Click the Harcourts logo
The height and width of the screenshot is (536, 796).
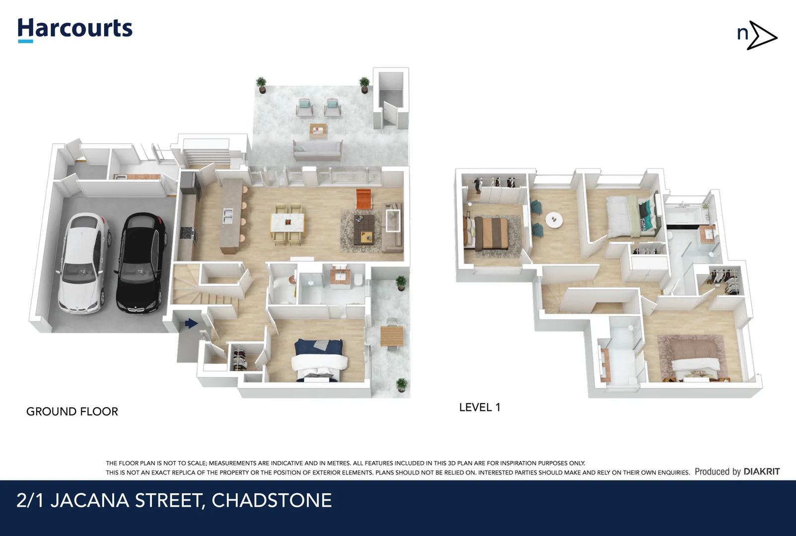pyautogui.click(x=74, y=29)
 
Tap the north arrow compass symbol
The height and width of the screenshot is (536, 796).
pyautogui.click(x=757, y=35)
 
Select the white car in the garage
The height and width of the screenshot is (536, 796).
pyautogui.click(x=83, y=263)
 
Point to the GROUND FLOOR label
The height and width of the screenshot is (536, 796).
pyautogui.click(x=72, y=411)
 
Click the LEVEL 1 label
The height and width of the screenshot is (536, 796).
pyautogui.click(x=479, y=407)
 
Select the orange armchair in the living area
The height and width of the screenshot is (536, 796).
pyautogui.click(x=363, y=199)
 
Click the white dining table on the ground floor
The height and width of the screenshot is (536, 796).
pyautogui.click(x=288, y=222)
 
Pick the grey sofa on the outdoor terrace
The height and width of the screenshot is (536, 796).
pyautogui.click(x=318, y=150)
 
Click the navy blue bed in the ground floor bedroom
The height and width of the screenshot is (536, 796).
pyautogui.click(x=318, y=360)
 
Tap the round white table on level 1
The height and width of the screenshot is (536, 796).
pyautogui.click(x=554, y=220)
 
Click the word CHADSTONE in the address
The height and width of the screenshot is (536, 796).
pyautogui.click(x=272, y=500)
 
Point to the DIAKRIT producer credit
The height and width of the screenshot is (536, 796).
pyautogui.click(x=761, y=471)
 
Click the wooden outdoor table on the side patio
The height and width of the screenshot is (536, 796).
pyautogui.click(x=392, y=335)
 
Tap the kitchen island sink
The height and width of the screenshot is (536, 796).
pyautogui.click(x=228, y=216)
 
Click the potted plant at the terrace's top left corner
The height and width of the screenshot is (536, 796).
pyautogui.click(x=261, y=85)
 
